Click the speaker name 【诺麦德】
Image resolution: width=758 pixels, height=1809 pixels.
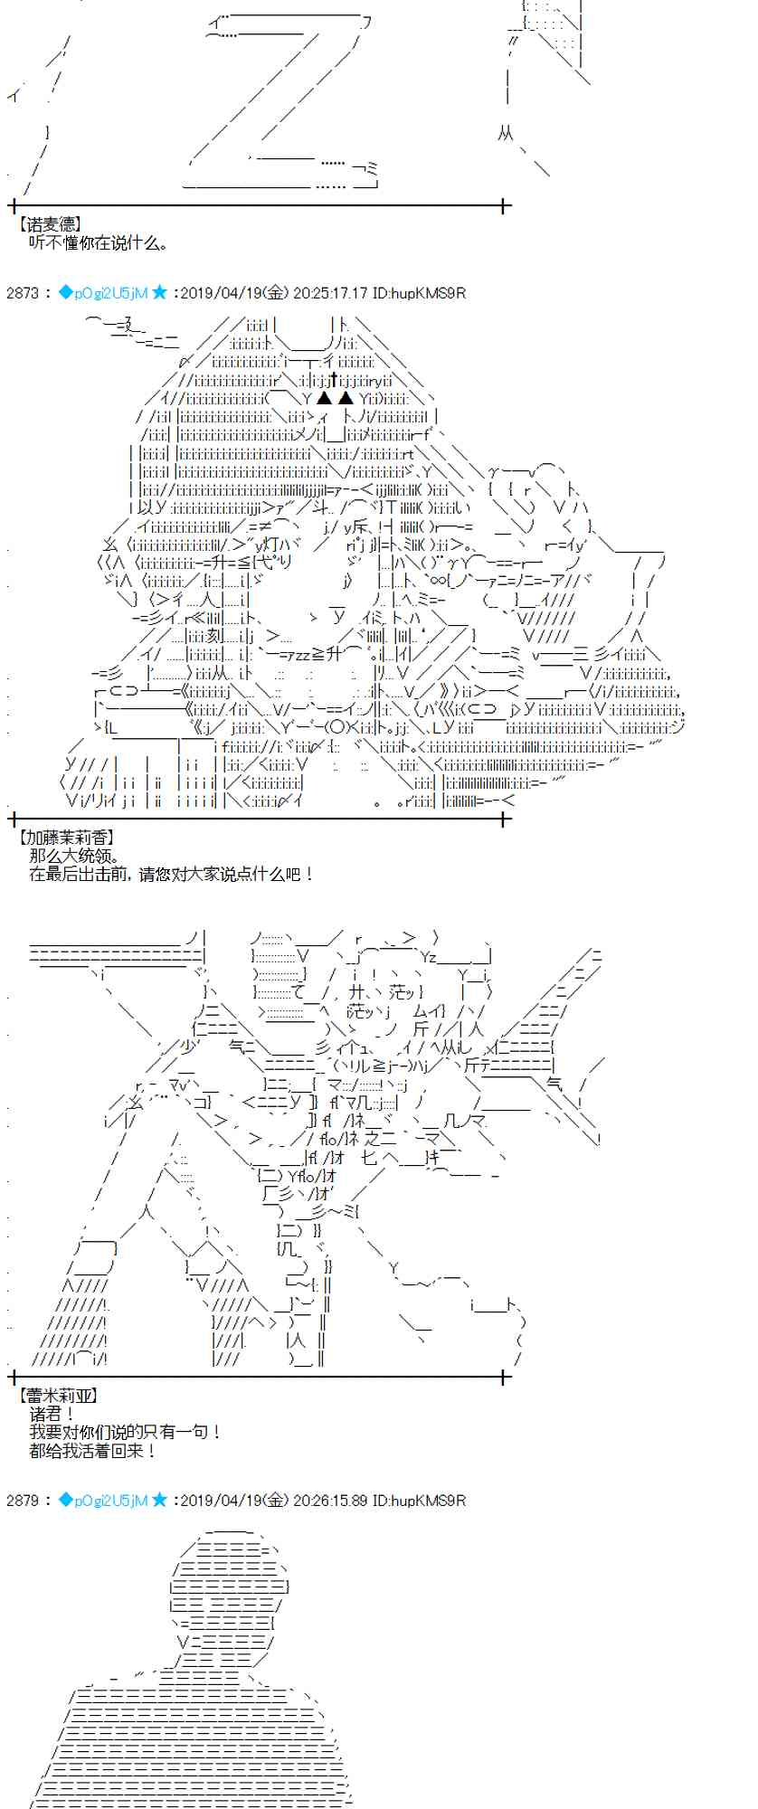[50, 224]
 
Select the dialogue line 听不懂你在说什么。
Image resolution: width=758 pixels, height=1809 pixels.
[98, 242]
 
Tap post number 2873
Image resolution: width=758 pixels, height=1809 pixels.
[22, 293]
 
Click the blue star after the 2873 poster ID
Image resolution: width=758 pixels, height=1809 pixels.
[160, 292]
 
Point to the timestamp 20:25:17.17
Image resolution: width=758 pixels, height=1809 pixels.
[331, 293]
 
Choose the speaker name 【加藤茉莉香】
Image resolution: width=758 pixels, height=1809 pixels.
[66, 838]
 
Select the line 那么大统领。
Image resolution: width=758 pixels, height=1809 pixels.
[75, 856]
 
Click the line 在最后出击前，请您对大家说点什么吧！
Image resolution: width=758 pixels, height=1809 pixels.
[172, 874]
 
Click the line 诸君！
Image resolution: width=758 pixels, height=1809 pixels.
[53, 1414]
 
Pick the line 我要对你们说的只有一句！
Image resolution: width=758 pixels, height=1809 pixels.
[125, 1432]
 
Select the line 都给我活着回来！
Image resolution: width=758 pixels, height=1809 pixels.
[93, 1450]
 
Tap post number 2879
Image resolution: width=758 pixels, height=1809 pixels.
[22, 1501]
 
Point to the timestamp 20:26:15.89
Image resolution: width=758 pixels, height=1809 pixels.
[331, 1501]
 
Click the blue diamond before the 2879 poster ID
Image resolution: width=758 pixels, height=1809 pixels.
[65, 1500]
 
